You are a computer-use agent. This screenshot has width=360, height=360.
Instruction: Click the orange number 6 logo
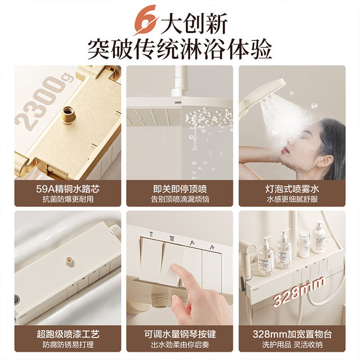coord(146,20)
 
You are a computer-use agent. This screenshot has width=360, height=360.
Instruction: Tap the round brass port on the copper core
coord(68,114)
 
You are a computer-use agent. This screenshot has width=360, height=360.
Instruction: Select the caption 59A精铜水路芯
coord(67,189)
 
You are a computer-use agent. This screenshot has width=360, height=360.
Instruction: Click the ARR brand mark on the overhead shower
coord(178,102)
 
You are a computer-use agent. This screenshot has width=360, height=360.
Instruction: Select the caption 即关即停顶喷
coord(180,189)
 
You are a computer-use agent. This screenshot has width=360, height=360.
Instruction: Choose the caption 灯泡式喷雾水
coord(292,189)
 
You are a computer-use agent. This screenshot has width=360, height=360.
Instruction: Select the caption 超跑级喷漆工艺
coord(67,334)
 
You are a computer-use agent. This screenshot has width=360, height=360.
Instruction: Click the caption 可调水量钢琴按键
coord(180,334)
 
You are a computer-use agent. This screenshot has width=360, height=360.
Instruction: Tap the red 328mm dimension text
coord(299,291)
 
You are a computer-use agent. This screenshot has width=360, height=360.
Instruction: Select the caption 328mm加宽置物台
coord(292,334)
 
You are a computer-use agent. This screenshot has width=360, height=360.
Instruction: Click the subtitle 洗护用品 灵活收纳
coord(292,345)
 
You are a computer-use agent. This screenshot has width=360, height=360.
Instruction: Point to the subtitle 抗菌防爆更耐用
coord(67,199)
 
